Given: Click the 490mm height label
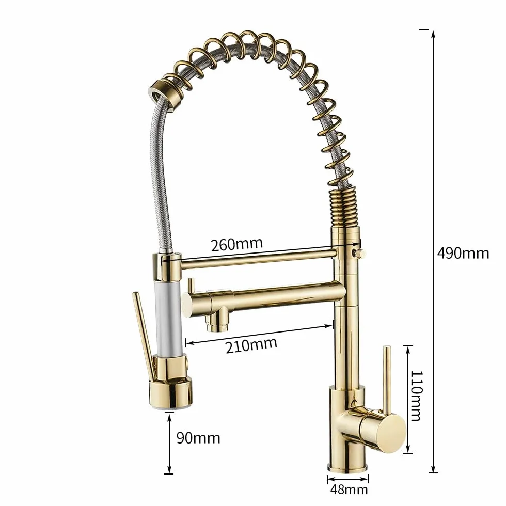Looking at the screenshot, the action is pos(463,254).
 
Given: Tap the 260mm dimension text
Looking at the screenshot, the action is pos(237,244).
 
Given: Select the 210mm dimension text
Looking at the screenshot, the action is pos(251,345).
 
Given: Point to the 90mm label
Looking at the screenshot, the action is pos(198,438).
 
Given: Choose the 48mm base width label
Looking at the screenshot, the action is pos(349,489).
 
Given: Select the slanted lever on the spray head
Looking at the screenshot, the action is pos(144,336).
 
